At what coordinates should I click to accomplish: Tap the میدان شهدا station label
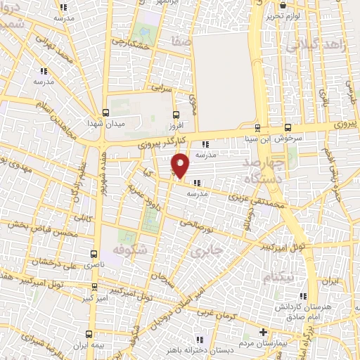pyautogui.click(x=105, y=125)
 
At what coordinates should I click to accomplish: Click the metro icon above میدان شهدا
pyautogui.click(x=105, y=112)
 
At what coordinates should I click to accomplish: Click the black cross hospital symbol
pyautogui.click(x=264, y=332)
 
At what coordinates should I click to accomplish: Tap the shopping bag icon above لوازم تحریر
pyautogui.click(x=284, y=4)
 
